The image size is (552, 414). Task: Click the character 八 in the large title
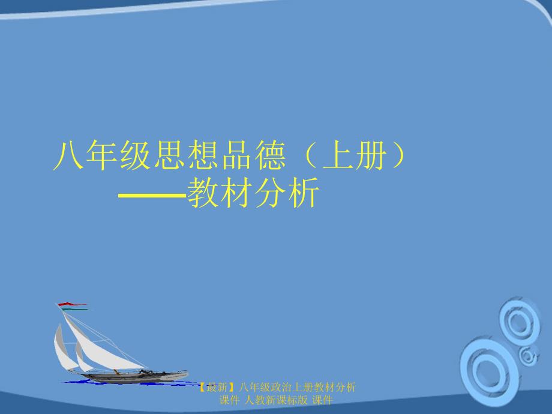[68, 155]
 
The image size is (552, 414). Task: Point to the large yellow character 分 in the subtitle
[271, 192]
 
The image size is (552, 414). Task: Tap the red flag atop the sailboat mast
[72, 304]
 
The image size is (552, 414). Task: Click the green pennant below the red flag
[74, 310]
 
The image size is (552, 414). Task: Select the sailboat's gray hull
[137, 376]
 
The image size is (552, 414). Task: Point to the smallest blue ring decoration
[528, 356]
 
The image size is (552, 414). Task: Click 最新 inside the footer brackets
[217, 388]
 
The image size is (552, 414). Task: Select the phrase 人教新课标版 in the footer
[276, 400]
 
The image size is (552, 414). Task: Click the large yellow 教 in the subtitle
[203, 192]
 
